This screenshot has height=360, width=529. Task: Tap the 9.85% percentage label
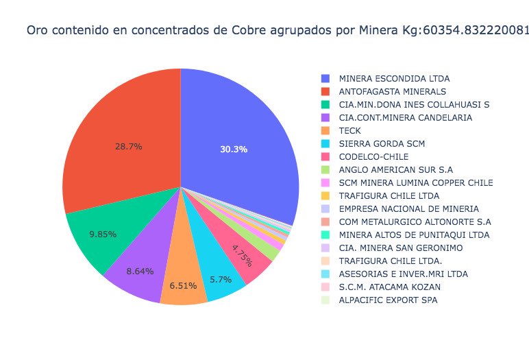coord(103,234)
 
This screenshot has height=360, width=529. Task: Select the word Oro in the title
coord(36,30)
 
